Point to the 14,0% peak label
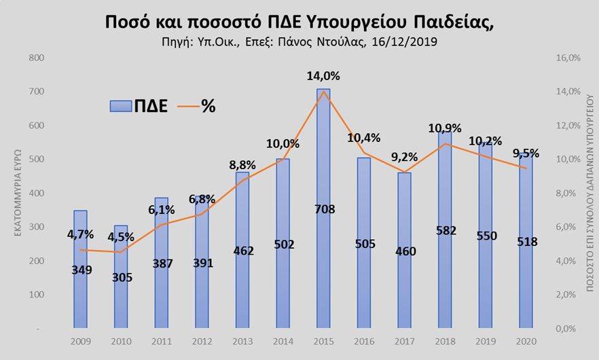(x=324, y=77)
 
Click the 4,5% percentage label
(x=122, y=237)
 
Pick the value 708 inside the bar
(x=324, y=209)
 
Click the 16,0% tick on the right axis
(x=568, y=58)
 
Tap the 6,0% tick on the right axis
(x=568, y=228)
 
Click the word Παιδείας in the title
(x=451, y=21)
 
